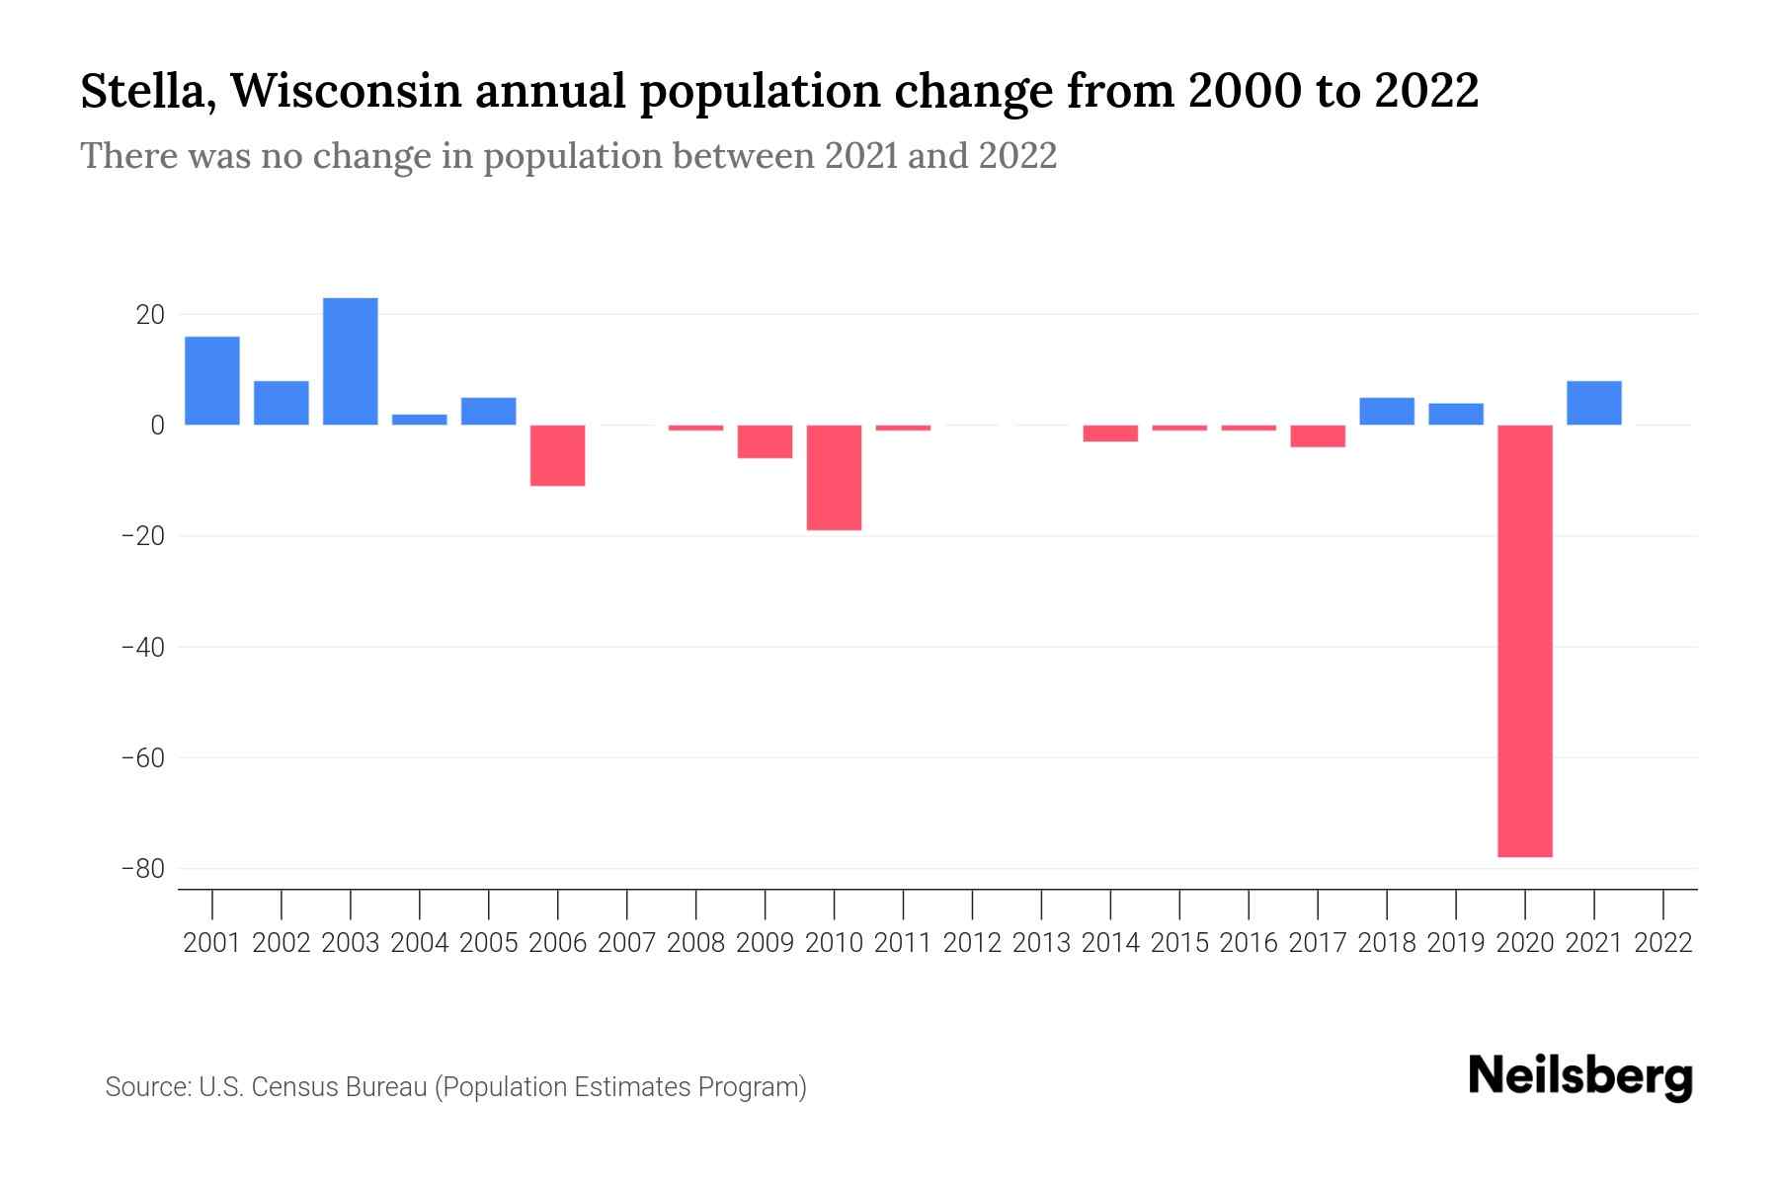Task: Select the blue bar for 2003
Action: click(351, 361)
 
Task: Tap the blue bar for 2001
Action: click(212, 381)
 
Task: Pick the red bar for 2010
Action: click(834, 478)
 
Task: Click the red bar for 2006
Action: click(558, 455)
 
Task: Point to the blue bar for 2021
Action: click(1593, 403)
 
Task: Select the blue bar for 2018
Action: click(1386, 411)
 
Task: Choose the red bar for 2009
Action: click(765, 441)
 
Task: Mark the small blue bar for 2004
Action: click(420, 420)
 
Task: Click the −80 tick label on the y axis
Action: click(142, 869)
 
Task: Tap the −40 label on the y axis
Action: click(142, 648)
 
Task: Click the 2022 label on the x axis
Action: click(1663, 943)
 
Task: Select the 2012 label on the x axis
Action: click(972, 943)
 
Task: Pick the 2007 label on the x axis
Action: click(626, 943)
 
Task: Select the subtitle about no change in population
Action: click(568, 156)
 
